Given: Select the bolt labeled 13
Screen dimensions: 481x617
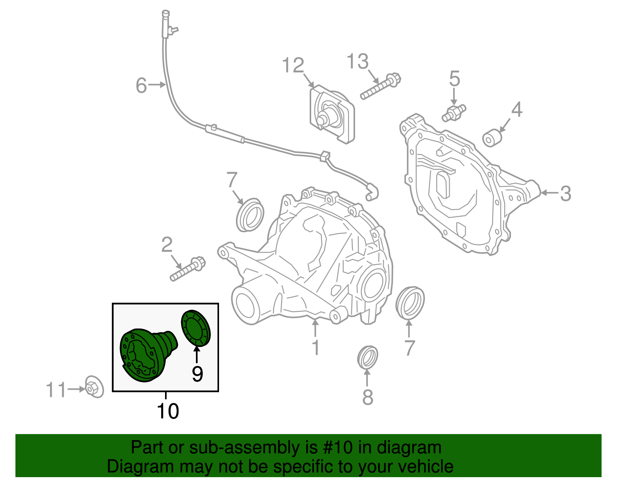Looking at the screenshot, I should click(x=381, y=87).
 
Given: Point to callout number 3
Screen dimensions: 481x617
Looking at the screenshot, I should click(x=565, y=193).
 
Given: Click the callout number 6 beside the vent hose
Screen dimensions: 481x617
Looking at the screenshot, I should click(x=141, y=85).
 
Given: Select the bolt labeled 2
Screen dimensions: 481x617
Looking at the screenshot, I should click(x=188, y=269).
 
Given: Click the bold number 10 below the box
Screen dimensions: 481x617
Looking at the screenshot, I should click(x=168, y=411).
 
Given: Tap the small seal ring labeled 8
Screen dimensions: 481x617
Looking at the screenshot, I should click(x=367, y=357).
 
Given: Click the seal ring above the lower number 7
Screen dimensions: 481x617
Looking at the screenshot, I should click(x=410, y=303).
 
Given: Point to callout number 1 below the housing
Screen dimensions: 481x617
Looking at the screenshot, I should click(x=315, y=348).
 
